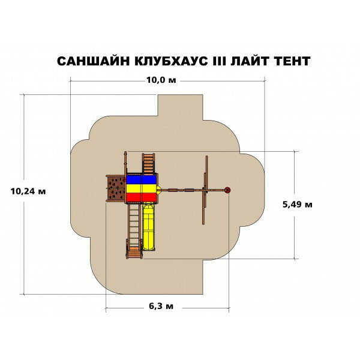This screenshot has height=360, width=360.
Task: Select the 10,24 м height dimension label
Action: pyautogui.click(x=28, y=191)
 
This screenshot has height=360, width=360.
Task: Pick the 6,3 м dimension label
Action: pyautogui.click(x=161, y=307)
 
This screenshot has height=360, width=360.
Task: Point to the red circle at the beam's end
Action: pyautogui.click(x=227, y=190)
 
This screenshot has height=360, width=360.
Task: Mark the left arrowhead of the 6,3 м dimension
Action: pyautogui.click(x=107, y=310)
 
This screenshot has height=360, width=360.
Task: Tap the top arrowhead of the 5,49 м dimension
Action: pyautogui.click(x=295, y=153)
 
